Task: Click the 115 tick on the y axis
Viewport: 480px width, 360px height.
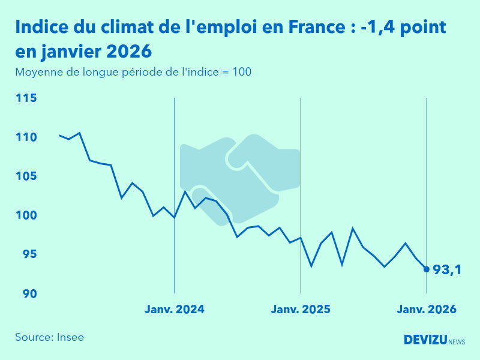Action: point(26,98)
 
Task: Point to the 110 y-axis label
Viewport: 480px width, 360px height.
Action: point(26,137)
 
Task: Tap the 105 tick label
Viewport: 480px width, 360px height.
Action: point(26,176)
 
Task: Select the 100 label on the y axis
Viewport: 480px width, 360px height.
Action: point(26,215)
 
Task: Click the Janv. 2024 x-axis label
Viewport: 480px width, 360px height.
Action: point(175,310)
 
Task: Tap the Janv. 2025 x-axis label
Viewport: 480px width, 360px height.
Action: point(301,310)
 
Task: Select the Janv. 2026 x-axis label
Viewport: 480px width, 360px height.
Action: point(427,310)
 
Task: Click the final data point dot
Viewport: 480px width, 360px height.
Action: point(427,269)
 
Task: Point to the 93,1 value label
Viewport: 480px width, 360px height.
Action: point(447,270)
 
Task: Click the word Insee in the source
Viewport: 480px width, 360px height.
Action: point(71,337)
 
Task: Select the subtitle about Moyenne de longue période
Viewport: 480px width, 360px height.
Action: point(133,72)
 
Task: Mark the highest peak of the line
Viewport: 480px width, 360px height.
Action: point(80,133)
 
